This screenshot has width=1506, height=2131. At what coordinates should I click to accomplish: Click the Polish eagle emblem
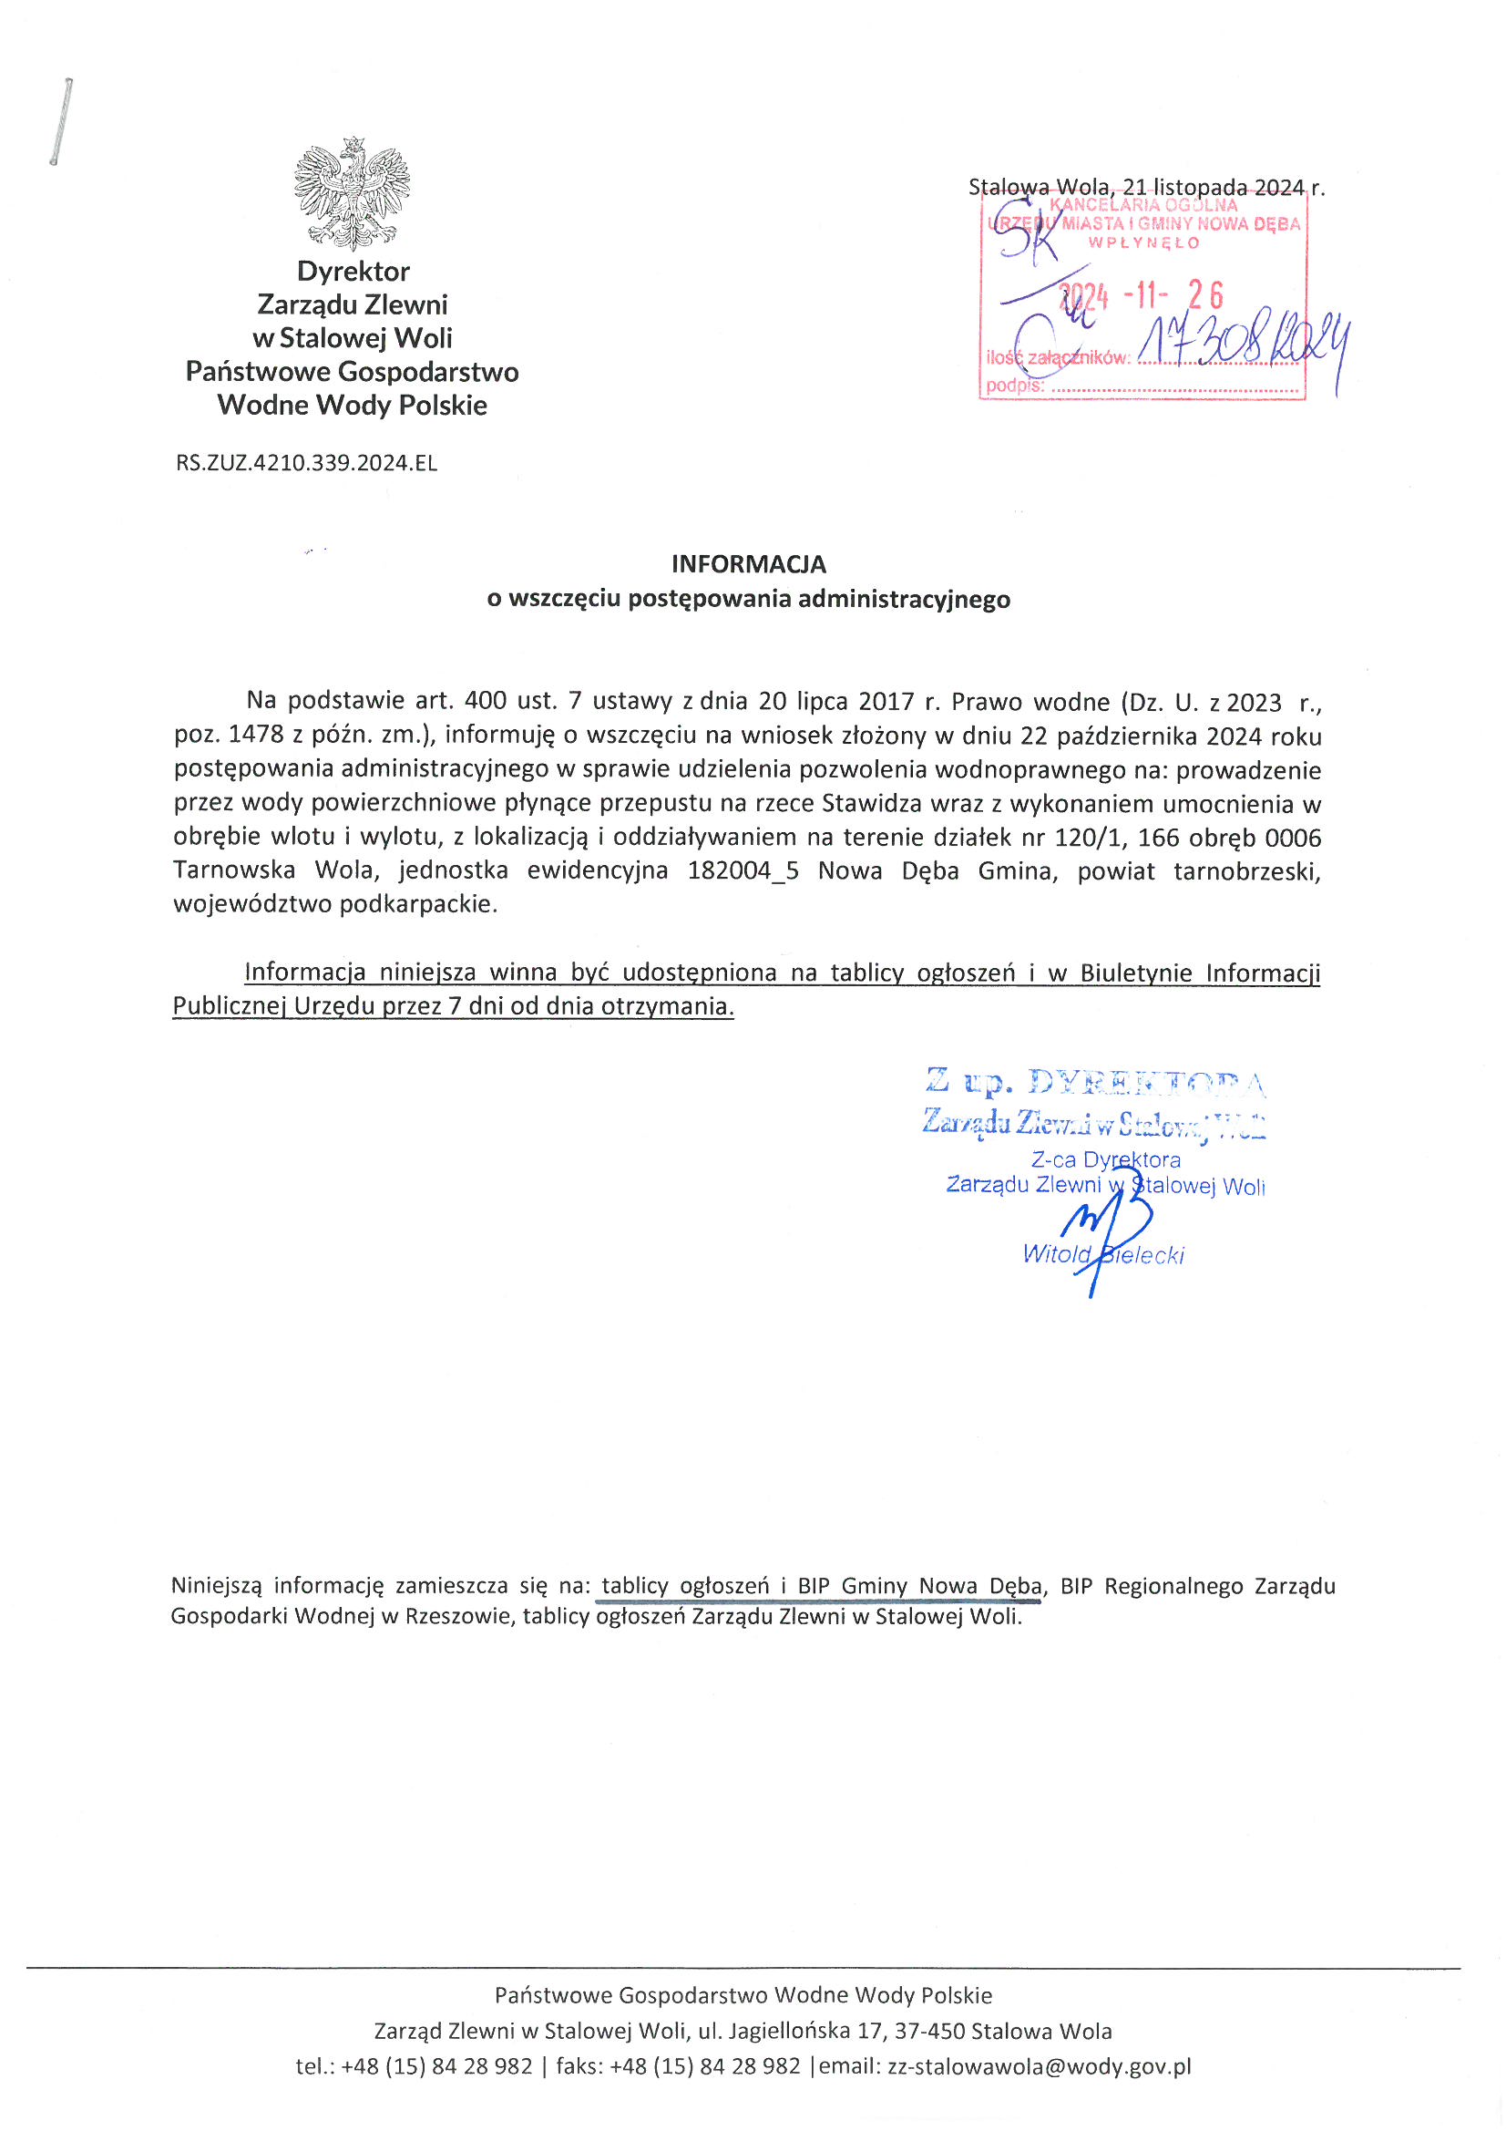click(352, 194)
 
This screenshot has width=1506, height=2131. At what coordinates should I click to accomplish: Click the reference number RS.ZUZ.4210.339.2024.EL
click(306, 463)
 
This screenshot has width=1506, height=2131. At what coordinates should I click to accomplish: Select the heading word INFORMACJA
click(748, 564)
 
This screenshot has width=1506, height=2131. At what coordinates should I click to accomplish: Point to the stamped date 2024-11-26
click(1142, 296)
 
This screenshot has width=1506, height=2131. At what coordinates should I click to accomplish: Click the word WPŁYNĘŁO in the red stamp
click(1144, 243)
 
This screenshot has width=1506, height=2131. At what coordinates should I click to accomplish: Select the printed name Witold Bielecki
click(1102, 1255)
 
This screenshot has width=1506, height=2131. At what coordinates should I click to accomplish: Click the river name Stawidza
click(870, 804)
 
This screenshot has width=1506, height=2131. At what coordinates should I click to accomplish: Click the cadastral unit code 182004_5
click(743, 871)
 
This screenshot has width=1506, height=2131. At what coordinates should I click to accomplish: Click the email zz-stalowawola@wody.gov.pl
click(1040, 2066)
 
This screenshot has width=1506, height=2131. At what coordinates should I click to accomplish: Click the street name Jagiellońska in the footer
click(789, 2031)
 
